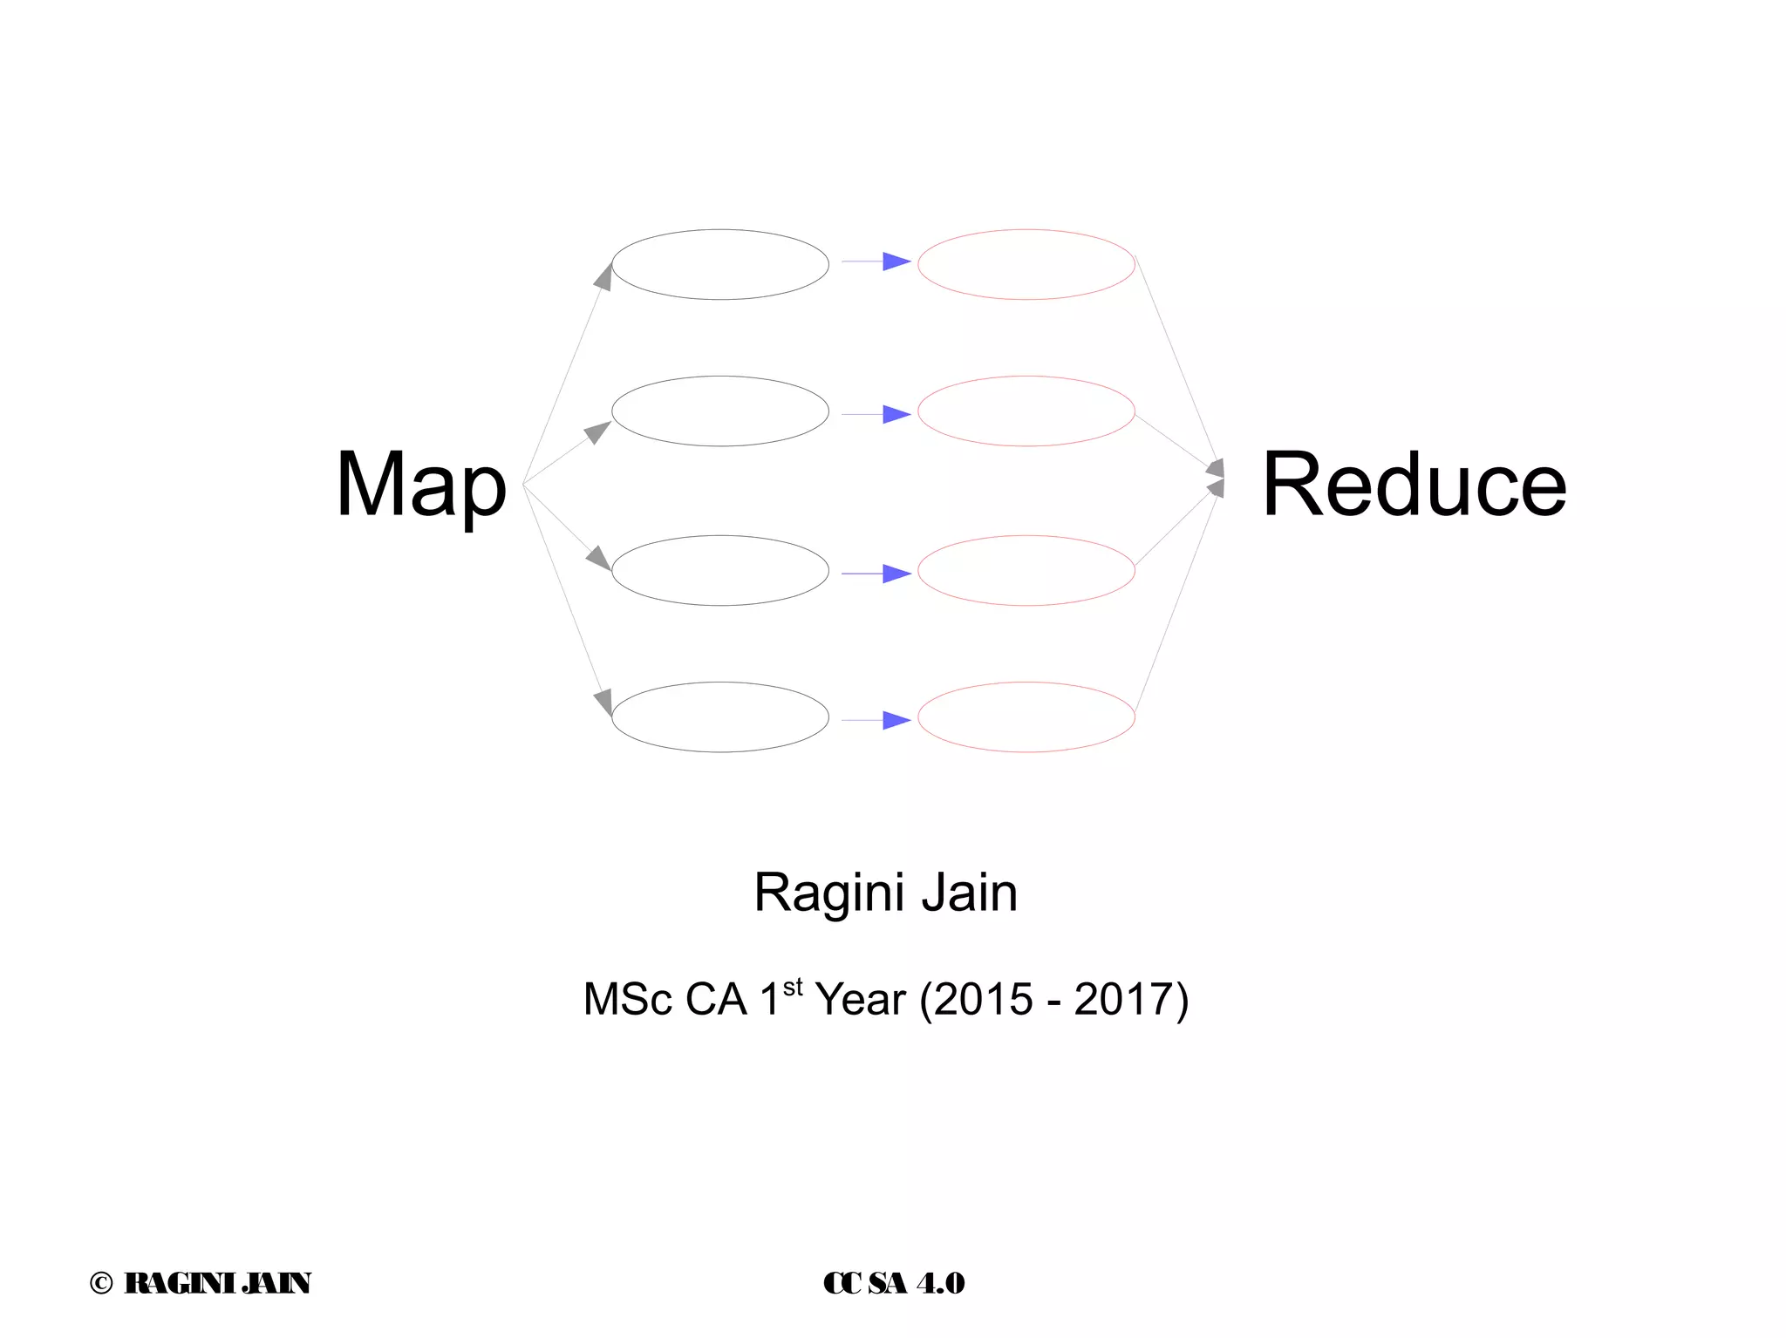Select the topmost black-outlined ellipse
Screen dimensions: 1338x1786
coord(720,264)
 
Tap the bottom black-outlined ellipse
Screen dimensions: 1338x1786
coord(720,717)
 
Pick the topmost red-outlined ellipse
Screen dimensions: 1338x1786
coord(1026,264)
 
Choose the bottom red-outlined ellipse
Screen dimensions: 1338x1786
coord(1026,717)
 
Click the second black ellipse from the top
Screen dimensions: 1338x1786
coord(720,411)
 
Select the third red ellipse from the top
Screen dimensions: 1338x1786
coord(1026,570)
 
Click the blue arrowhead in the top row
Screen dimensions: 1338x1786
coord(896,261)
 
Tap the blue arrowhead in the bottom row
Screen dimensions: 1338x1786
coord(896,720)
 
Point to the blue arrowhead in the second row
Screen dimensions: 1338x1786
coord(896,414)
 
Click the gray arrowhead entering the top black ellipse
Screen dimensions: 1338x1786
coord(603,276)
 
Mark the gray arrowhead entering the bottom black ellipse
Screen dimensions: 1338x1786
coord(603,702)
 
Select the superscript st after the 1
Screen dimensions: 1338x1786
coord(792,988)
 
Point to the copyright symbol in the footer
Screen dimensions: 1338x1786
coord(101,1283)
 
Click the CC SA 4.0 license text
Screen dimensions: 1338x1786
coord(894,1283)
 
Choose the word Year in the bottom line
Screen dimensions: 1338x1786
coord(860,999)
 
